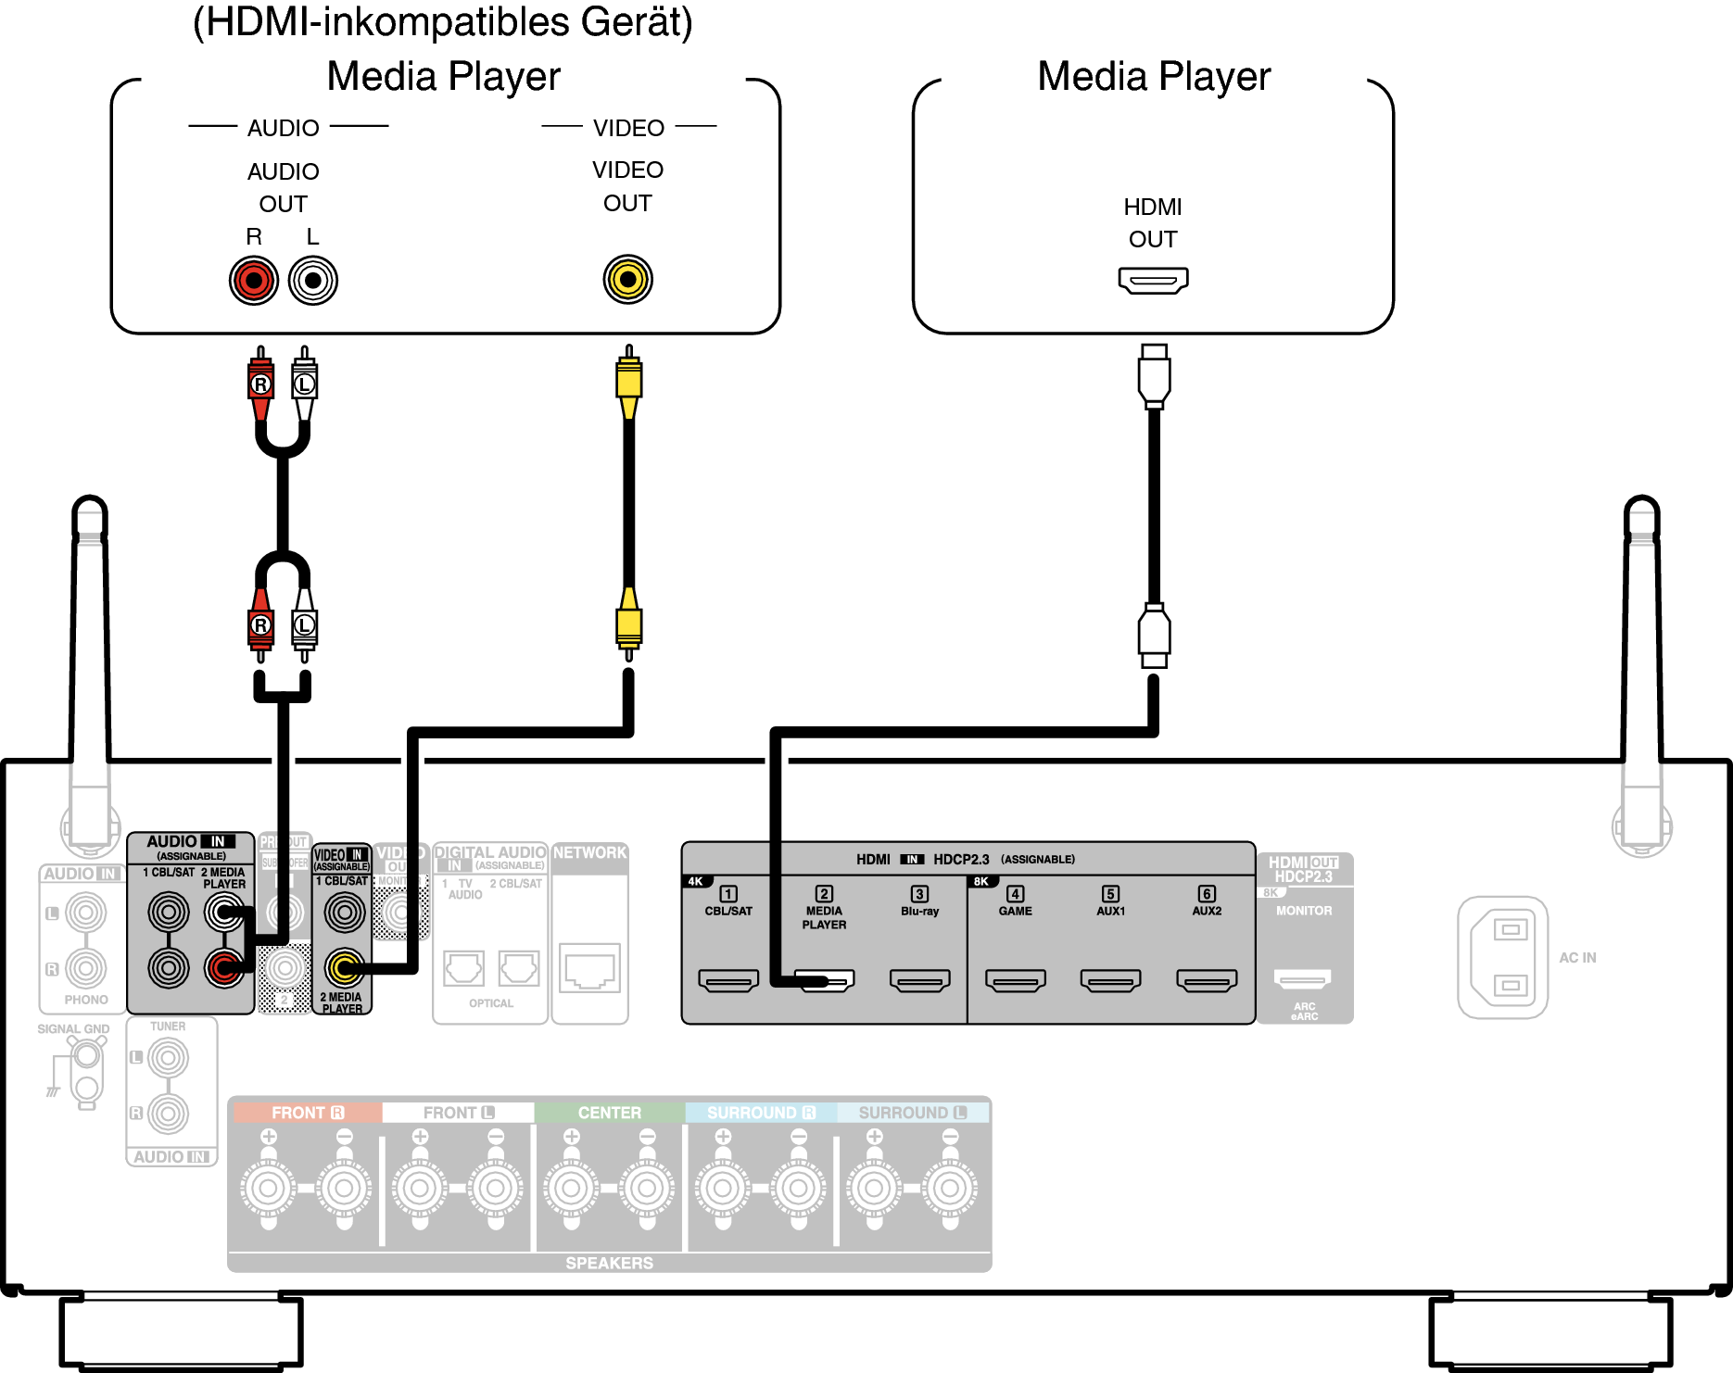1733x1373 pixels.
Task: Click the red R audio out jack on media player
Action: point(254,280)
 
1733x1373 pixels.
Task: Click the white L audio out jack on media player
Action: point(313,280)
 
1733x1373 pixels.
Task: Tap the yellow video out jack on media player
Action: point(628,279)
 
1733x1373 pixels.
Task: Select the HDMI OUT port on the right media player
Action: point(1153,279)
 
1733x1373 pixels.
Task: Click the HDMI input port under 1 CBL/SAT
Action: point(728,979)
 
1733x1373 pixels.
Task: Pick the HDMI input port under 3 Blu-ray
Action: point(919,979)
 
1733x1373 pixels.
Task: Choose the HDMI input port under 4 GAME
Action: point(1016,979)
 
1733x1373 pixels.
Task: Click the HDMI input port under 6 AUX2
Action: point(1207,979)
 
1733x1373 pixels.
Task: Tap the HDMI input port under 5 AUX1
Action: point(1111,979)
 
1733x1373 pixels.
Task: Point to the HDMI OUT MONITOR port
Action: point(1303,978)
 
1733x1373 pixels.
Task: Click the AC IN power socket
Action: point(1503,957)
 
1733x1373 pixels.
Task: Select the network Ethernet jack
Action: point(590,969)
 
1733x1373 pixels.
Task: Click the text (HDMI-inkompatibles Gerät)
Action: point(443,22)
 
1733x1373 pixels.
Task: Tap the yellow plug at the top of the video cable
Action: point(629,380)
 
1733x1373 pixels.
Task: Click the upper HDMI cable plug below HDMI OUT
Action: point(1154,375)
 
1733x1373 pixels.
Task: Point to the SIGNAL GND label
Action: point(73,1028)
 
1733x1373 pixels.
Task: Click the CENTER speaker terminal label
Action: point(609,1112)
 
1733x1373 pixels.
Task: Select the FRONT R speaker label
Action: point(307,1112)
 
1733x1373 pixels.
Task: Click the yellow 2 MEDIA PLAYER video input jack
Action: point(344,968)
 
